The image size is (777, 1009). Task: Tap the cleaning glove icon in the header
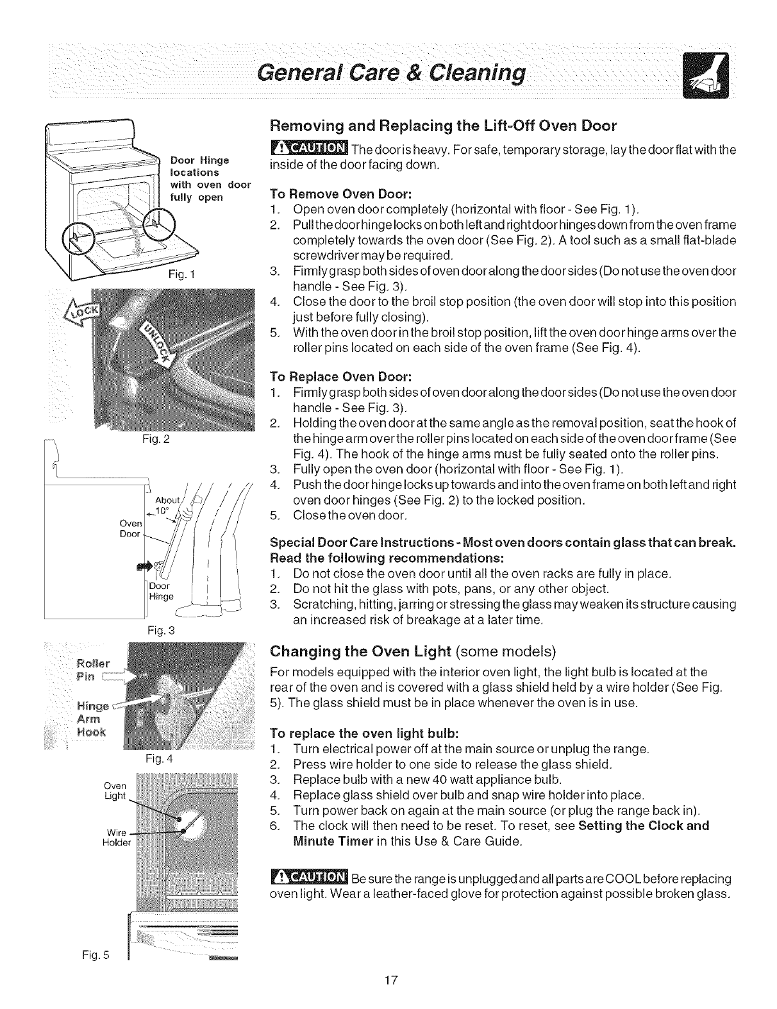(x=702, y=75)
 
